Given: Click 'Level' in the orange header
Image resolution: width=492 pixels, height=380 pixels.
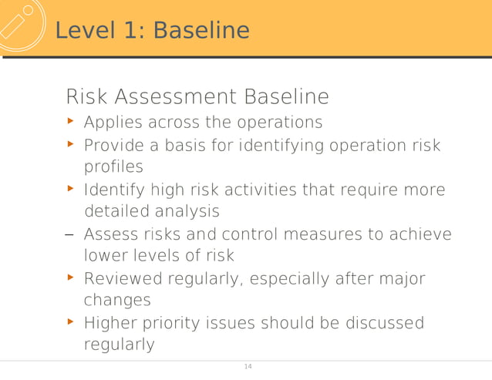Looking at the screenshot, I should [86, 31].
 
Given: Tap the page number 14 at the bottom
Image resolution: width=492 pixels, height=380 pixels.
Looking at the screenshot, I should [248, 366].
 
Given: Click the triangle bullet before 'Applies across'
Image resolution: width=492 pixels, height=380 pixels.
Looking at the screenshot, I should [71, 122].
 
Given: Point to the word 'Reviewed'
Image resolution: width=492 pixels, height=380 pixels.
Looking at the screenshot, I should [123, 278].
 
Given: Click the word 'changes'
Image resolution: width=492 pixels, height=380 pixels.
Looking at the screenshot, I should [116, 300].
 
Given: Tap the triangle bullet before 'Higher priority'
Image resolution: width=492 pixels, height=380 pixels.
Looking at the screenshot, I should [71, 321].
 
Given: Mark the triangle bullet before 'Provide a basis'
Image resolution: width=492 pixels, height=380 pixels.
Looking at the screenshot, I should [71, 144].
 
